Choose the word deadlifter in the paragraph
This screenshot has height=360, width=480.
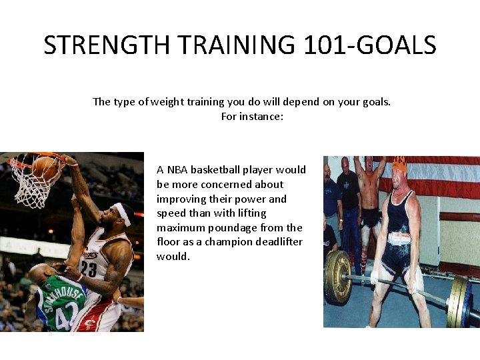pyautogui.click(x=277, y=242)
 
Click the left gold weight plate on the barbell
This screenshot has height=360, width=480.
pyautogui.click(x=337, y=277)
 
